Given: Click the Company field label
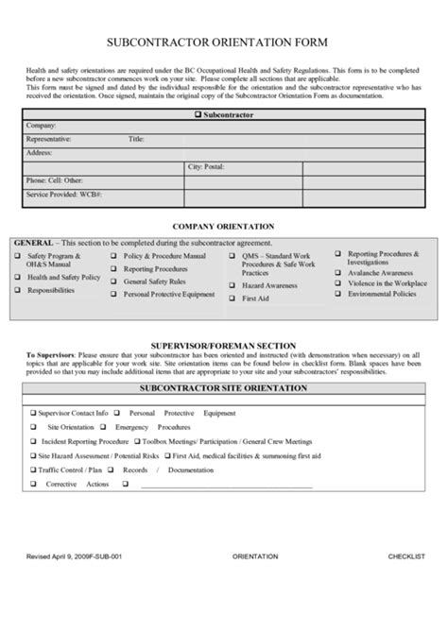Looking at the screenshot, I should [x=42, y=126].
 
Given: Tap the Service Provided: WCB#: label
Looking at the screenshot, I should [x=64, y=193].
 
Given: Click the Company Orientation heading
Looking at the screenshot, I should [x=223, y=227].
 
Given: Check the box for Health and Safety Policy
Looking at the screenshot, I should [x=17, y=278].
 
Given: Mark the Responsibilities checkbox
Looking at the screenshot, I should [x=17, y=291].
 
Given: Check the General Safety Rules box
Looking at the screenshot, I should [x=113, y=282].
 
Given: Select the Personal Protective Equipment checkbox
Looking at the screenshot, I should [x=113, y=295].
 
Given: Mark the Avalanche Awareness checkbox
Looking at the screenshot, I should [x=337, y=272].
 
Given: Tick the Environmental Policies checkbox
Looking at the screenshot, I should [x=337, y=294].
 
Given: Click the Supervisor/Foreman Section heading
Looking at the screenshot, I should [x=224, y=345].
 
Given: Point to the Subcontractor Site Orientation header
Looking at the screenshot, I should [x=223, y=388].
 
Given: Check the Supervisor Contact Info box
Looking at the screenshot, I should [x=32, y=413].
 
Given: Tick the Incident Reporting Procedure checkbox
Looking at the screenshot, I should [x=32, y=441].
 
